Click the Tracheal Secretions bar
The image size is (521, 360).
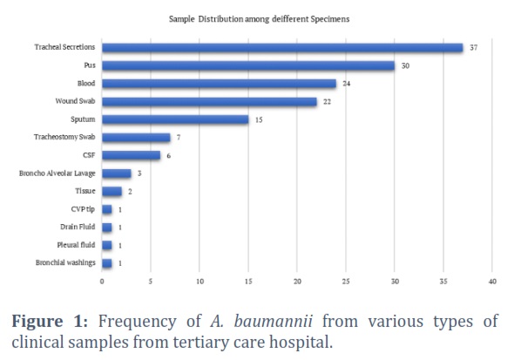(x=282, y=48)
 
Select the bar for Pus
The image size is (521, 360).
(x=248, y=65)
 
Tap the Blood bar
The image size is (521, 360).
(x=219, y=84)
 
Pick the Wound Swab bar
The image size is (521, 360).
(x=209, y=101)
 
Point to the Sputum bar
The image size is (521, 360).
(x=175, y=119)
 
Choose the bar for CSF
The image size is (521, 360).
(x=132, y=155)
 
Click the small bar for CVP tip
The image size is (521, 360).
(x=107, y=209)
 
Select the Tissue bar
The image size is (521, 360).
(x=112, y=191)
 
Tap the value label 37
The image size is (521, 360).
(x=473, y=48)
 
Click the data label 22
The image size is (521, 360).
(x=327, y=102)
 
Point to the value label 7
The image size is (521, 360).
(x=179, y=137)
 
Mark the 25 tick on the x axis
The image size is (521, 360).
(x=346, y=282)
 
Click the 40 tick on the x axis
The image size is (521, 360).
(x=492, y=282)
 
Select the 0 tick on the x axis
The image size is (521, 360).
(x=102, y=282)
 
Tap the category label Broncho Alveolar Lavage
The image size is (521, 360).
(x=58, y=173)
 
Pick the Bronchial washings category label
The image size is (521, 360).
(x=65, y=262)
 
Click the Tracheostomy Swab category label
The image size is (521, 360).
(x=64, y=137)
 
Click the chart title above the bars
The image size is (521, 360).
(x=259, y=19)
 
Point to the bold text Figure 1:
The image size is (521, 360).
(x=50, y=322)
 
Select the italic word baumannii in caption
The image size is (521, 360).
(x=273, y=322)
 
